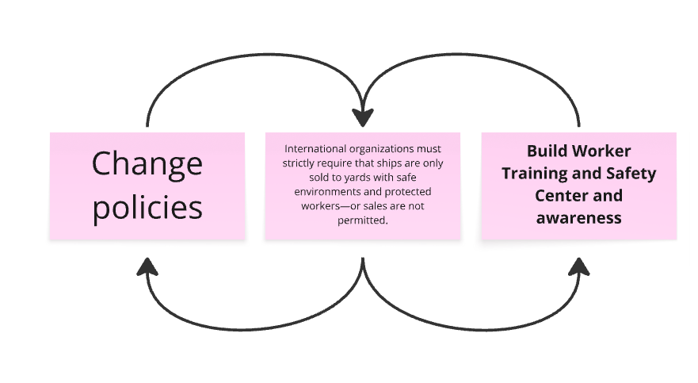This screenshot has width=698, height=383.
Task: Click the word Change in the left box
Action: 147,165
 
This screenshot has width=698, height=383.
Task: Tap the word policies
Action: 147,208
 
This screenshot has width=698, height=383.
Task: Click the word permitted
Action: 363,220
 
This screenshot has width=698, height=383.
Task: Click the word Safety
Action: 631,174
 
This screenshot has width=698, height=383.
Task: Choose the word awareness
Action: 578,218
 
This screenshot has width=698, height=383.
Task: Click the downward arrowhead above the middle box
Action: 363,117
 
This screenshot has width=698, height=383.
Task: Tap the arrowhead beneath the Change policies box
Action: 147,266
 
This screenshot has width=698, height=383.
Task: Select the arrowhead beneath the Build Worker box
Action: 579,266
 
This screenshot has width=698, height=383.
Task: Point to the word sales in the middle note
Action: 375,206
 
